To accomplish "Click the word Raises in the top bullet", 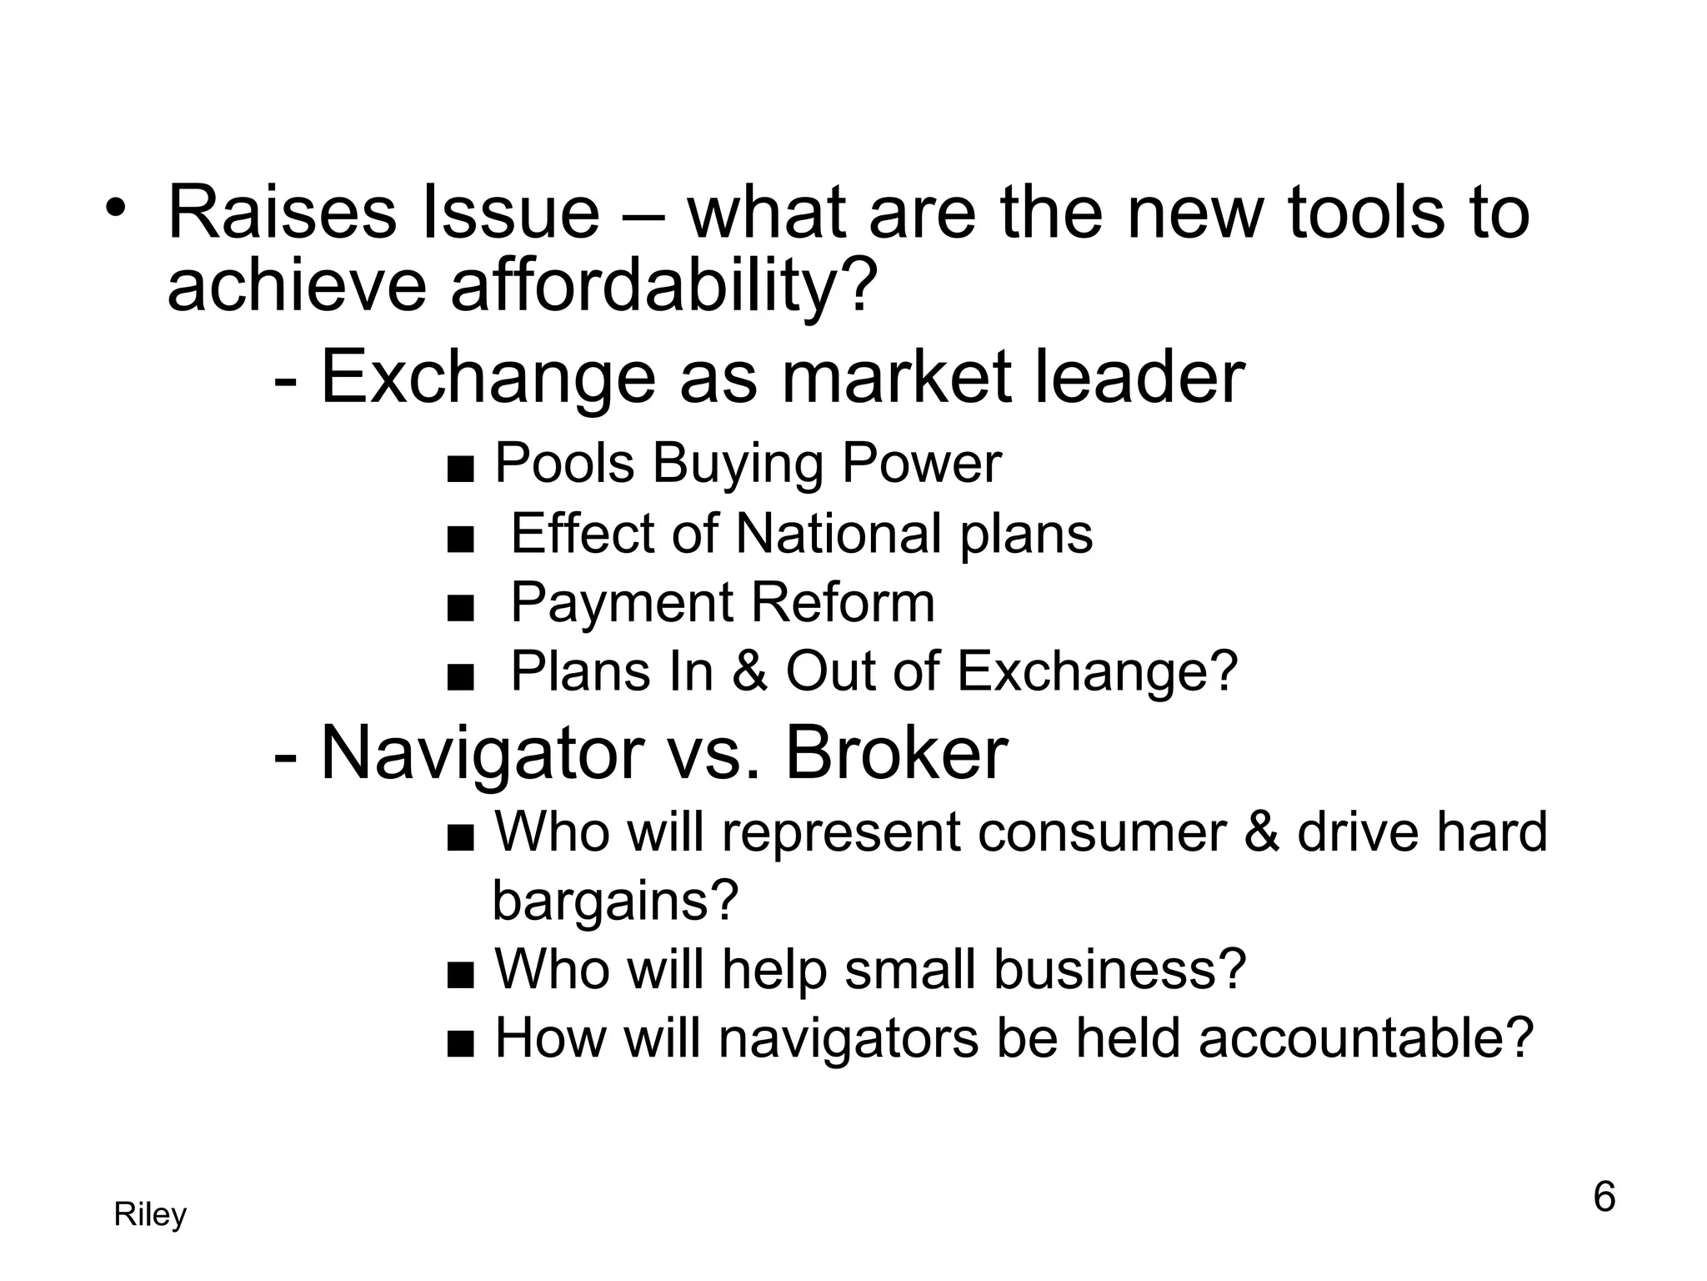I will (282, 213).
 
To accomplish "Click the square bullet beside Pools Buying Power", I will (461, 470).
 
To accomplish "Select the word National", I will (840, 534).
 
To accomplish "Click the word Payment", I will (621, 603).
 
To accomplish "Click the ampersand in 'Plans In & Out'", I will (749, 671).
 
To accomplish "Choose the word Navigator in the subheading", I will (482, 754).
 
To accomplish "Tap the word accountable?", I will (1366, 1039).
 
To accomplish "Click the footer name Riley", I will (150, 1215).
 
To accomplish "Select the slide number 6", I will (1604, 1198).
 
